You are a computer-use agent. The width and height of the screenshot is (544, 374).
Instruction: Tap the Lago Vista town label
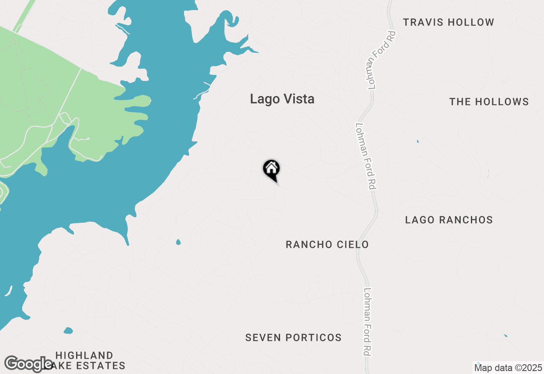(282, 99)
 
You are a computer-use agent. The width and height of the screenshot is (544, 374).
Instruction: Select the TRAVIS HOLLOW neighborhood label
(448, 22)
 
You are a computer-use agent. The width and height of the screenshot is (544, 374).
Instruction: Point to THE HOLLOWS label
(489, 102)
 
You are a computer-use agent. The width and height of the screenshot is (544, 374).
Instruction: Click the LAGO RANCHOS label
(449, 220)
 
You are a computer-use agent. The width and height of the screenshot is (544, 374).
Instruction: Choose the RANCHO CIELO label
(327, 244)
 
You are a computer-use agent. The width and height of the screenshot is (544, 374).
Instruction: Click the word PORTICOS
(313, 337)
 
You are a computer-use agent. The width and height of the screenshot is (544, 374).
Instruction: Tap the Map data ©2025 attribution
(508, 368)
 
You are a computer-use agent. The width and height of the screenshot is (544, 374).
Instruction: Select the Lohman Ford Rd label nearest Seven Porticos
(368, 322)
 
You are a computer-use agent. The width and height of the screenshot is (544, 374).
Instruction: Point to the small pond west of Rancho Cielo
(178, 242)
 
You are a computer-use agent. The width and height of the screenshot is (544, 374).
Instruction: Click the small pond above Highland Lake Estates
(68, 330)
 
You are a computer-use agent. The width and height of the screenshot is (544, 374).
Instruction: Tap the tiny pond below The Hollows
(418, 142)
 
